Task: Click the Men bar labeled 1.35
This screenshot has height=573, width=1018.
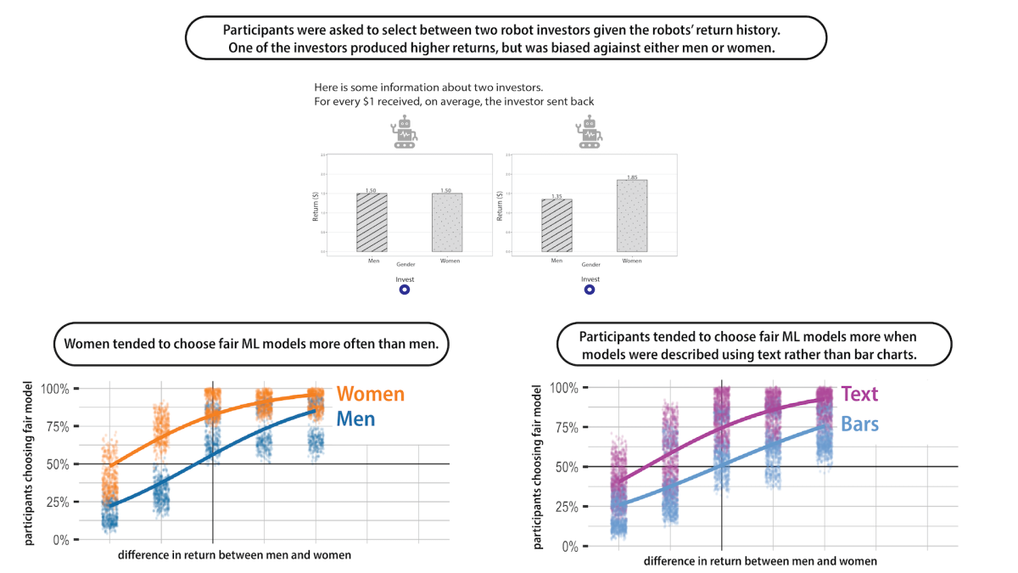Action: (x=557, y=225)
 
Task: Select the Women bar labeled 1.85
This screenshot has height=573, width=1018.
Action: (x=632, y=216)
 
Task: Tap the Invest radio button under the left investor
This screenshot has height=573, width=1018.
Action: (x=404, y=290)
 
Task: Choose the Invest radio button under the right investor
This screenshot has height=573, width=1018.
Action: (x=590, y=290)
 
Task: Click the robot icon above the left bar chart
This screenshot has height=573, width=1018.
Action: (x=405, y=134)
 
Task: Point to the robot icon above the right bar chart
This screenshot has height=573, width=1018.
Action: (x=590, y=134)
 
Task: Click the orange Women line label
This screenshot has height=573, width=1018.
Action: (x=370, y=394)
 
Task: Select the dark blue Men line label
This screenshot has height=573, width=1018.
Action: (x=356, y=419)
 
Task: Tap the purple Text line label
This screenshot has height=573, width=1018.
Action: (x=859, y=394)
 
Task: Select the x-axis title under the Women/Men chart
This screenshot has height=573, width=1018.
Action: (x=234, y=555)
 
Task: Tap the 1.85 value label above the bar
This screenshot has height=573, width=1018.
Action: (x=632, y=177)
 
